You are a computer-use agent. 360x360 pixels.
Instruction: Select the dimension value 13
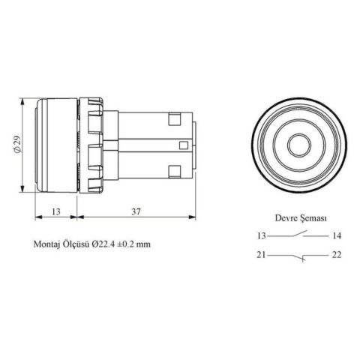pos(56,212)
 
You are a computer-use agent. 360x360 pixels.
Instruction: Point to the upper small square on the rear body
pos(175,118)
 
